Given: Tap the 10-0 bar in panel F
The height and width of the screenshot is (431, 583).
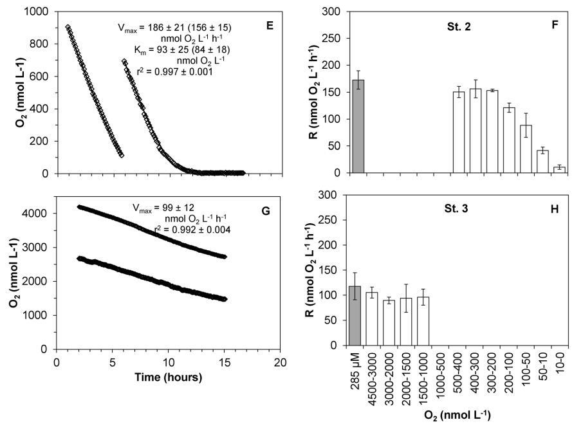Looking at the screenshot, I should [x=559, y=170].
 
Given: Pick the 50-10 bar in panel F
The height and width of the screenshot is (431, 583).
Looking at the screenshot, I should [x=542, y=161].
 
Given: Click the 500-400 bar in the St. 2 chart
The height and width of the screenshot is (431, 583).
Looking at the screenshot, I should [x=459, y=133].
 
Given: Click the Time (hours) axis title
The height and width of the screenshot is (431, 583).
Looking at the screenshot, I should [x=169, y=376].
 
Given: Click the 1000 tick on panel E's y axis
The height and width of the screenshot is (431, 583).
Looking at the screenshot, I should [x=37, y=12].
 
